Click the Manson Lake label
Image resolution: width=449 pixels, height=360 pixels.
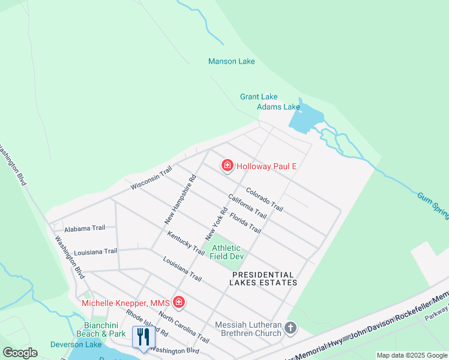(231, 61)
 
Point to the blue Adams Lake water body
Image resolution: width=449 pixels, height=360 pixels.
(306, 117)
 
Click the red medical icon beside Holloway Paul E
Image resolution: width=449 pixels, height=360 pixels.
(228, 166)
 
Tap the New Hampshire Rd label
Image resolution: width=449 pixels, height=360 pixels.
(181, 199)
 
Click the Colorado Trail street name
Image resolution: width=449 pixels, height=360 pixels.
(264, 199)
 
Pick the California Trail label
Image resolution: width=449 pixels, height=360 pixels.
(247, 206)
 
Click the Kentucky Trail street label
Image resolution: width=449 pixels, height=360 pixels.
(187, 243)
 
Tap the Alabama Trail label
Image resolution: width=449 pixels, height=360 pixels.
(85, 228)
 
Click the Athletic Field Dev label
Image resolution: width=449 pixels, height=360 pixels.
(226, 252)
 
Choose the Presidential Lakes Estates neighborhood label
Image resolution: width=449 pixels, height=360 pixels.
(264, 278)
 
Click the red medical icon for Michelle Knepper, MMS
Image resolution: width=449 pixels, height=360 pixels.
(178, 302)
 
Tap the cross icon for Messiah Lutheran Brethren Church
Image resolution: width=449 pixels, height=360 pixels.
(291, 328)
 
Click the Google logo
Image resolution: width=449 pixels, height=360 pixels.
(20, 353)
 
